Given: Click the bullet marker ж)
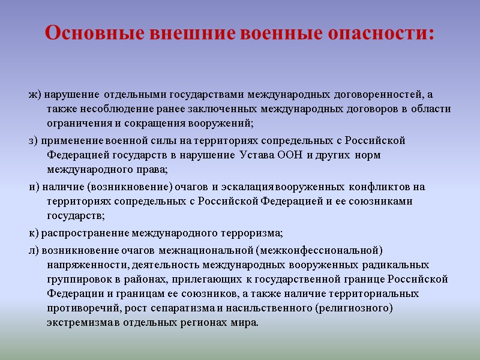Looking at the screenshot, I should pos(34,94).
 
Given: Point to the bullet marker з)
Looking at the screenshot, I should pos(33,141).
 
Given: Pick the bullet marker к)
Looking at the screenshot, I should pos(33,233).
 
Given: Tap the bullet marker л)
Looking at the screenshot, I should pos(34,250).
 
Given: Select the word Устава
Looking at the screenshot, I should pos(256,155).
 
